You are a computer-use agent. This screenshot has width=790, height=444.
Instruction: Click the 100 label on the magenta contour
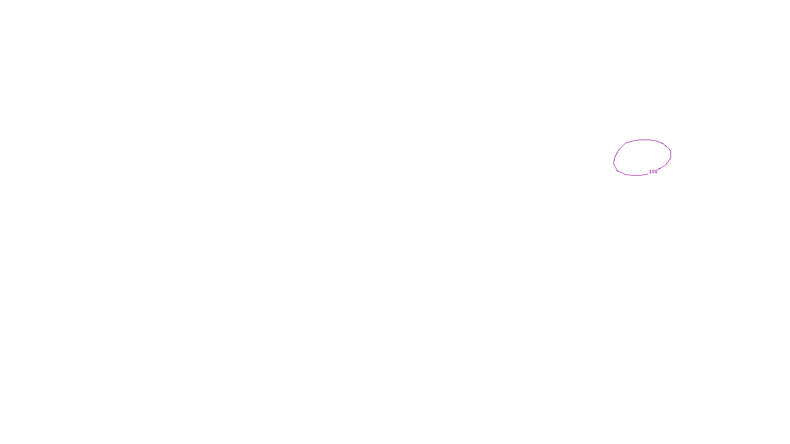tap(653, 172)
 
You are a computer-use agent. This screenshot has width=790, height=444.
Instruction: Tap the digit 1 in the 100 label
tap(650, 172)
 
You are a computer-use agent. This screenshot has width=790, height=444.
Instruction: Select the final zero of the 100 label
tap(656, 172)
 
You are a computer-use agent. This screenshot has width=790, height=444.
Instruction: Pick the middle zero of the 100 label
tap(653, 172)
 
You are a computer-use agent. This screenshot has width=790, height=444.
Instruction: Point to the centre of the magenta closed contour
tap(642, 157)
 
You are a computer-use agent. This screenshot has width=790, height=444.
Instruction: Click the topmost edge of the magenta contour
tap(645, 140)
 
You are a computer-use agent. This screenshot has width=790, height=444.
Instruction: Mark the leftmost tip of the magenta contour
tap(614, 162)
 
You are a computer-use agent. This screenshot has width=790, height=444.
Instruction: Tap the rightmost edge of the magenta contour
tap(671, 154)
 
